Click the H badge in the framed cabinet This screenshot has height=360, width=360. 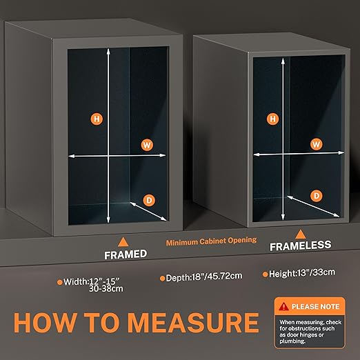(x=97, y=119)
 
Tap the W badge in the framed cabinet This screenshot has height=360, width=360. (x=147, y=145)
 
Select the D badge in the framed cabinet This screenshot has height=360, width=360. (x=149, y=200)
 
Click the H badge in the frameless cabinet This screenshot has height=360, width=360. (x=272, y=119)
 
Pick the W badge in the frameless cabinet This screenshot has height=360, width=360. (x=317, y=144)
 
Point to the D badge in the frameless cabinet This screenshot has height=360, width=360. (x=317, y=196)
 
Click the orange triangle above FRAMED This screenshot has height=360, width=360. (x=123, y=242)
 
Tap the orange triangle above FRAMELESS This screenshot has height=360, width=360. (x=300, y=234)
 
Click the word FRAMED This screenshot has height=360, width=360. (x=126, y=254)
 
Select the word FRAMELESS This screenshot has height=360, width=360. (x=301, y=246)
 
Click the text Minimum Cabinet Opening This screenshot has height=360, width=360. (x=211, y=241)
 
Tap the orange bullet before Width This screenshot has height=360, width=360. (x=60, y=282)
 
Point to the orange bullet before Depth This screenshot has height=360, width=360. (x=162, y=279)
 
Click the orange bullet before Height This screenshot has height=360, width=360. (x=266, y=274)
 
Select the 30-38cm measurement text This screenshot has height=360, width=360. (x=106, y=288)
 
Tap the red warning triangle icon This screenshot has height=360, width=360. (x=283, y=306)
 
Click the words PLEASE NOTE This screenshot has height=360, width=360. (x=315, y=307)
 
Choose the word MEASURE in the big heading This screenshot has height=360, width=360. (x=193, y=323)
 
